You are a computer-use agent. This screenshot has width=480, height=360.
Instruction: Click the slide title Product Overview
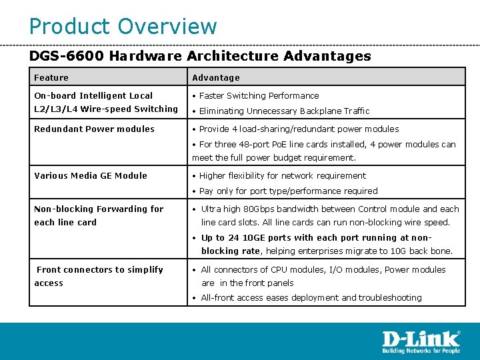[x=123, y=27]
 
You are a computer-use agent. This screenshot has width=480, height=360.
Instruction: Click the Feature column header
[x=51, y=78]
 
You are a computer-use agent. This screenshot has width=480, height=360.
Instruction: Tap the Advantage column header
[x=216, y=78]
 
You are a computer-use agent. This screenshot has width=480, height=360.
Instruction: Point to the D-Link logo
[x=421, y=339]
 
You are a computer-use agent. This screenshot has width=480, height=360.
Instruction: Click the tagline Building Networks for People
[x=421, y=351]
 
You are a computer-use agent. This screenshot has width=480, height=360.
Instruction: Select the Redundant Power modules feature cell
[x=94, y=129]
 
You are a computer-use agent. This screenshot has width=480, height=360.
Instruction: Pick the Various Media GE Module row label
[x=91, y=176]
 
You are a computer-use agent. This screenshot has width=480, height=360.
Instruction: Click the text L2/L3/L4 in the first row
[x=55, y=109]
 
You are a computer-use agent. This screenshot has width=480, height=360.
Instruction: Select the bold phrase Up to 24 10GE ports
[x=246, y=238]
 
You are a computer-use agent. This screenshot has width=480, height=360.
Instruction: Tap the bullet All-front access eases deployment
[x=311, y=298]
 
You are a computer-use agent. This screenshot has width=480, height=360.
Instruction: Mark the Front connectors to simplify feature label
[x=99, y=270]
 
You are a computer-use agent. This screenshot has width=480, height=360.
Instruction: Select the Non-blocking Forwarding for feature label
[x=99, y=209]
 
